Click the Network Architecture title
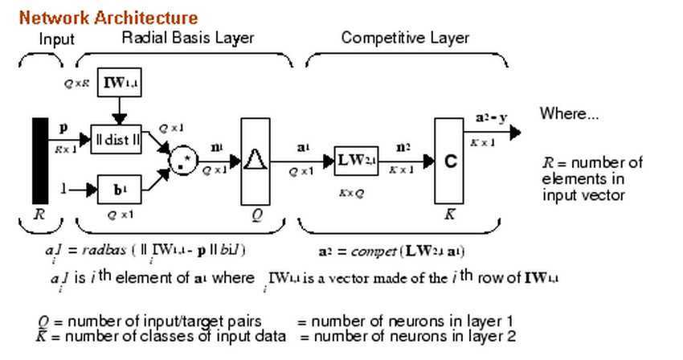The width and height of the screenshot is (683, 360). [108, 17]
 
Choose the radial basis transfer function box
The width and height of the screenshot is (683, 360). [256, 161]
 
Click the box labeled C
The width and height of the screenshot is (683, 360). [450, 161]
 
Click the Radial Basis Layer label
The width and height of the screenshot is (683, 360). [187, 38]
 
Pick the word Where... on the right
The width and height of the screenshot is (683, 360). [569, 113]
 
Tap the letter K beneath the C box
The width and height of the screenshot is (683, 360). [449, 215]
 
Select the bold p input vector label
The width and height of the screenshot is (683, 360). [63, 127]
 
